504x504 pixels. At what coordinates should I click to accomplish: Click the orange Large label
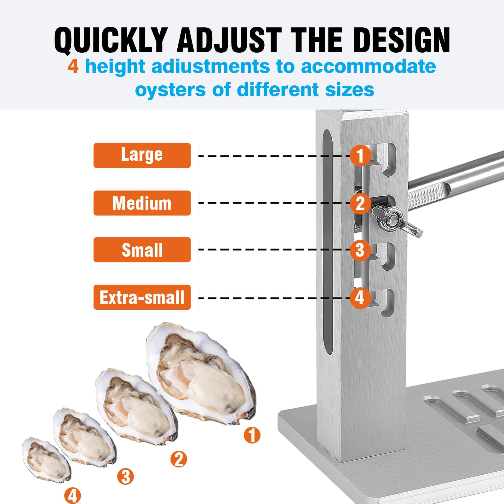[x=142, y=155]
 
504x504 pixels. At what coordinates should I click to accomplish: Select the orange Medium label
[x=142, y=203]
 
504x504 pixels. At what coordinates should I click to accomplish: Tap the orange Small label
[x=142, y=250]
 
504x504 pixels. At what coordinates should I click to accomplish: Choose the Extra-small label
[x=142, y=297]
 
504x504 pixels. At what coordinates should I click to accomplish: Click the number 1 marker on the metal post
[x=360, y=155]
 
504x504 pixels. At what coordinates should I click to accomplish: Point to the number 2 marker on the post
[x=360, y=203]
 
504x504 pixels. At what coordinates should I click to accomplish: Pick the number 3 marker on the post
[x=360, y=250]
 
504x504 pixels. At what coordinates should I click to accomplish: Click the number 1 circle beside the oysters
[x=252, y=435]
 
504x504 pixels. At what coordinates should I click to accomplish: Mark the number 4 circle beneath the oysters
[x=72, y=495]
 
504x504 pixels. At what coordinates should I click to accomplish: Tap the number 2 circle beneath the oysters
[x=179, y=459]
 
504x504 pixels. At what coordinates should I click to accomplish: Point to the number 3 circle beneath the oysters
[x=125, y=476]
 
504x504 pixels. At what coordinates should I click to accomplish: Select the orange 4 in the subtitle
[x=73, y=67]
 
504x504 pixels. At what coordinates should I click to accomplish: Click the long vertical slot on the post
[x=328, y=243]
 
